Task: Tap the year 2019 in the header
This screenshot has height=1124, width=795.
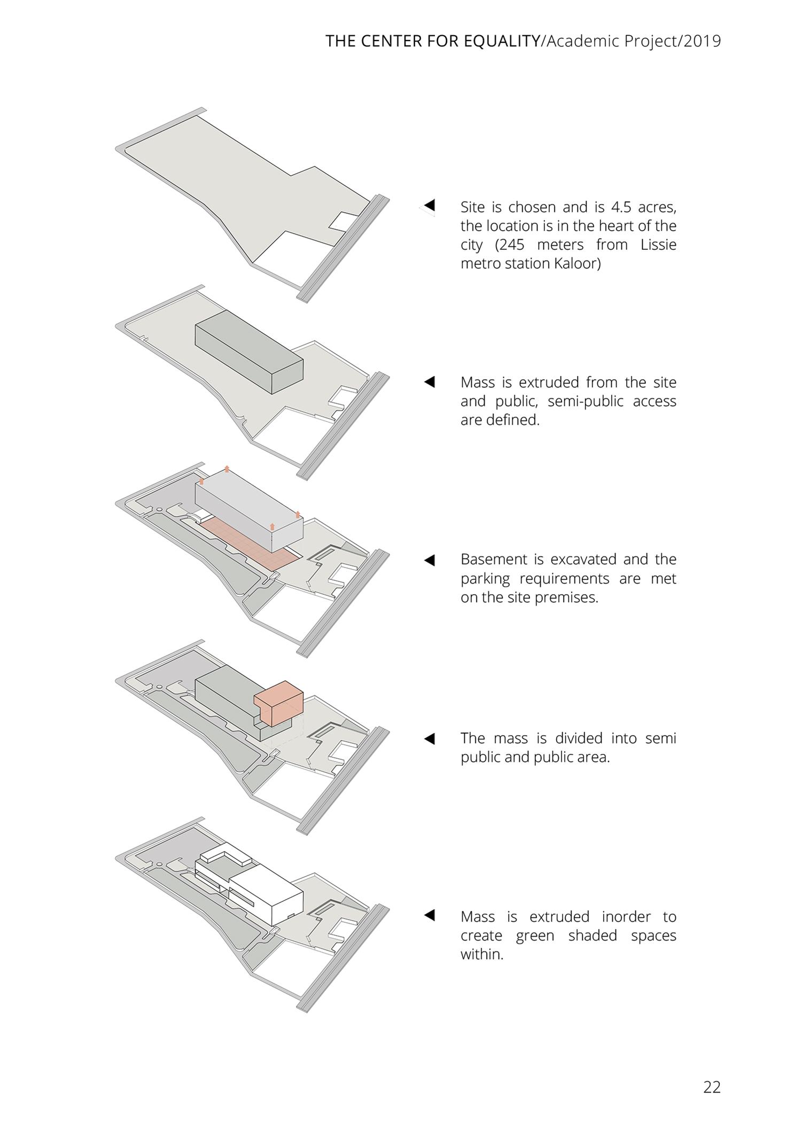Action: pos(702,42)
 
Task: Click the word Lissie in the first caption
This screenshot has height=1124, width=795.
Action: pos(658,245)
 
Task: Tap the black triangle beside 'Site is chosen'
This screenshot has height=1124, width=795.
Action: pos(430,205)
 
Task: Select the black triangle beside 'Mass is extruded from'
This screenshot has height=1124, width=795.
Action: pos(430,382)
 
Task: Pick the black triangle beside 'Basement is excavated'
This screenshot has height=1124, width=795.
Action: pos(430,560)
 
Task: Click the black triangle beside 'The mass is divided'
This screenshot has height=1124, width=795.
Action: pos(430,738)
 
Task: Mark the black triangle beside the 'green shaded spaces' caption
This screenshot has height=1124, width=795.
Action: pos(430,915)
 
